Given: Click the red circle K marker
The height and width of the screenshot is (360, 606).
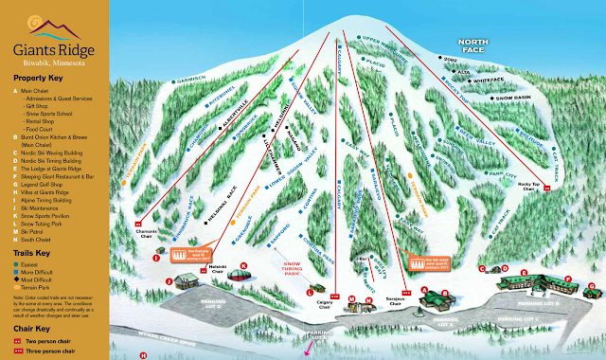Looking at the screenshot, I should tap(243, 266).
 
